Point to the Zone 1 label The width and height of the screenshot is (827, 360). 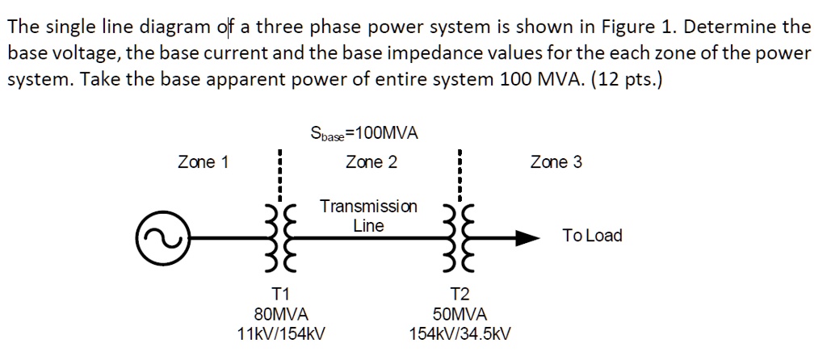click(203, 162)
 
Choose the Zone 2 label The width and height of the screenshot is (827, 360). click(371, 162)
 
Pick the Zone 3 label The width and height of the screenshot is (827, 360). click(556, 162)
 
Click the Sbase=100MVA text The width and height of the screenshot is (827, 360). click(364, 133)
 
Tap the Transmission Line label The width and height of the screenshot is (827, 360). click(368, 216)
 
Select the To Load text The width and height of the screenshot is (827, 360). click(592, 236)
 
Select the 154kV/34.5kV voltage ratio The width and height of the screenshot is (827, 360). click(460, 333)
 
